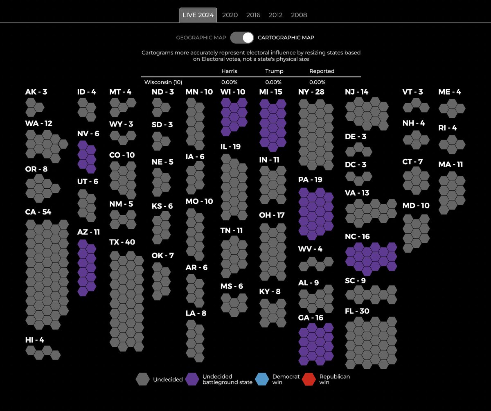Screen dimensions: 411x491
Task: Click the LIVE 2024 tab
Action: [198, 15]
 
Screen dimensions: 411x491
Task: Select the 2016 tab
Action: [253, 15]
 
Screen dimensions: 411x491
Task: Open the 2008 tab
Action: [299, 15]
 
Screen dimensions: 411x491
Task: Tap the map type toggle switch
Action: [242, 38]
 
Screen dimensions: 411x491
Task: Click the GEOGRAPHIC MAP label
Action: [201, 38]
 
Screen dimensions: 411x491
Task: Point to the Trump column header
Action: [274, 71]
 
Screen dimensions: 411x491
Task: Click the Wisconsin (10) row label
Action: [163, 82]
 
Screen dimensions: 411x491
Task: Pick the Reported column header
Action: [322, 71]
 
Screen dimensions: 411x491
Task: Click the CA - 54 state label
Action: [38, 212]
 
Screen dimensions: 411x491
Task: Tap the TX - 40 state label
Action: [122, 242]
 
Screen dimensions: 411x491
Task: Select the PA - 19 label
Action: [311, 180]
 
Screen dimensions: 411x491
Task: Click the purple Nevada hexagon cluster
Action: [87, 157]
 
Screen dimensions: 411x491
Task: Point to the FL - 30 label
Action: [357, 311]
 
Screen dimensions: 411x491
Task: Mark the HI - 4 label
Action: [34, 340]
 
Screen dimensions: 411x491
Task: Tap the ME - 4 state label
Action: [449, 92]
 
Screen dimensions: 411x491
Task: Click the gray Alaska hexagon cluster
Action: [34, 107]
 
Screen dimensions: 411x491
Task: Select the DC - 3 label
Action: [356, 165]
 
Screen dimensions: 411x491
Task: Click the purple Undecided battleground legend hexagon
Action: [192, 379]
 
